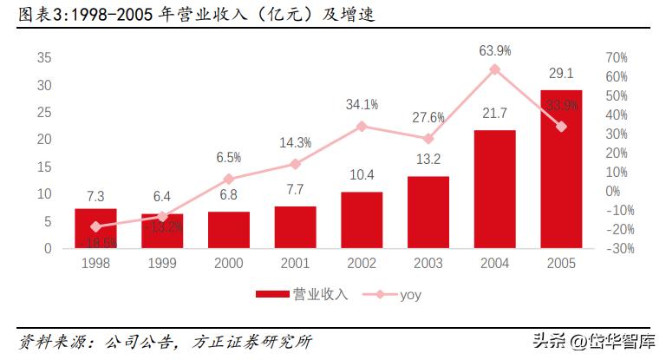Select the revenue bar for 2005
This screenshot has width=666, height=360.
(x=561, y=169)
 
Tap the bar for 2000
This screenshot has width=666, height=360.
(x=228, y=230)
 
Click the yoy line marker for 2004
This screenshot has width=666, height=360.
(x=494, y=69)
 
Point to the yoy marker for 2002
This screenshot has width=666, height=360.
(x=362, y=126)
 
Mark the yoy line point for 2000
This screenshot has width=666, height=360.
(x=228, y=179)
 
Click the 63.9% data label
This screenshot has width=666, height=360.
(x=494, y=50)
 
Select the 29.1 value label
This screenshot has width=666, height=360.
(x=561, y=74)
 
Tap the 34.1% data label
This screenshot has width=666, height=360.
(x=362, y=105)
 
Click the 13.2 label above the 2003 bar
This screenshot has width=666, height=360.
(x=428, y=159)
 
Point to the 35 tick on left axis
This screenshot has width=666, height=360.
(x=44, y=58)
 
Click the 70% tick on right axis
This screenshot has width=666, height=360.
(x=616, y=58)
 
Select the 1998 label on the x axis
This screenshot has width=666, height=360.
(x=95, y=263)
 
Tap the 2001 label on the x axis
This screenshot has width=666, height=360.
(x=295, y=263)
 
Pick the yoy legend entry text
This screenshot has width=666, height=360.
(x=411, y=295)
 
